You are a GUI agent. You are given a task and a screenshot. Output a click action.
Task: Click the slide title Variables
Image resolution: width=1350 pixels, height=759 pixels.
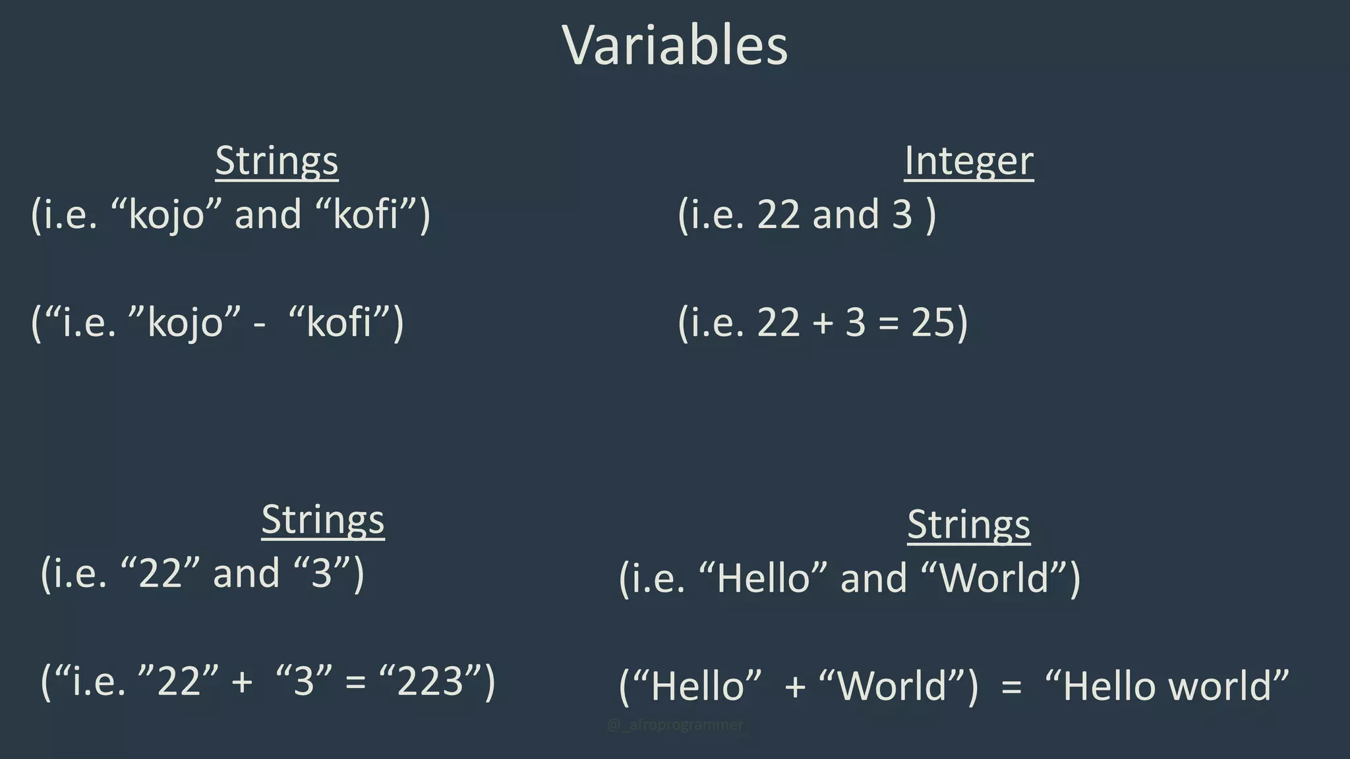click(x=675, y=45)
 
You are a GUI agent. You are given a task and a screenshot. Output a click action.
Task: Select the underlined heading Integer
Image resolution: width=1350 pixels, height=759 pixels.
click(x=968, y=161)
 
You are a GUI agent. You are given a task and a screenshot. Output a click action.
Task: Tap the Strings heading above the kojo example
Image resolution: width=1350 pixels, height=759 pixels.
click(x=277, y=161)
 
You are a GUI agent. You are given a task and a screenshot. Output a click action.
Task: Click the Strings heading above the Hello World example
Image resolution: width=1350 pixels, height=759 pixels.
click(x=968, y=525)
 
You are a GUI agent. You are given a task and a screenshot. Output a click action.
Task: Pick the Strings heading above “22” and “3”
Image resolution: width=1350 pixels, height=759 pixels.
click(x=323, y=520)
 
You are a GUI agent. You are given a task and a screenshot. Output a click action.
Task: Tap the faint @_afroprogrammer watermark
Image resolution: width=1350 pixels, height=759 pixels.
click(x=674, y=725)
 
